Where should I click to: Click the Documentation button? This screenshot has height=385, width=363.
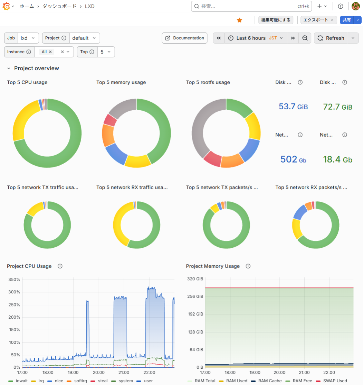coord(184,38)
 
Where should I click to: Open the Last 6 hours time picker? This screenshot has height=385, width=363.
coord(255,38)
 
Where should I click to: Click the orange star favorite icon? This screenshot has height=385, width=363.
coord(239,20)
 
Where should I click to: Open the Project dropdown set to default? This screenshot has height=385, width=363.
coord(85,38)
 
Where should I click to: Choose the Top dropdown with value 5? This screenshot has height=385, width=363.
coord(106,52)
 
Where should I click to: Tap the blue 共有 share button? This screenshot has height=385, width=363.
coord(346,20)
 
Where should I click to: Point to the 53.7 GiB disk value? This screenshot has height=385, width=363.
coord(293,107)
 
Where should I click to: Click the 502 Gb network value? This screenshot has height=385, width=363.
coord(293,159)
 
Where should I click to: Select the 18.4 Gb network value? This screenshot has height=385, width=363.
coord(337,159)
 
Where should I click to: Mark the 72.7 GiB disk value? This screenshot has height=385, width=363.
coord(337,107)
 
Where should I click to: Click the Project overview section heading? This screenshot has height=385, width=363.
coord(36,68)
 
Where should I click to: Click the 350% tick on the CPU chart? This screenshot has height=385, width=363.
coord(14,279)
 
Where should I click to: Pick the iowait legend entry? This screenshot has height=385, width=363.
coord(19,381)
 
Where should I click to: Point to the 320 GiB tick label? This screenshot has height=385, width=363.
coord(195,279)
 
